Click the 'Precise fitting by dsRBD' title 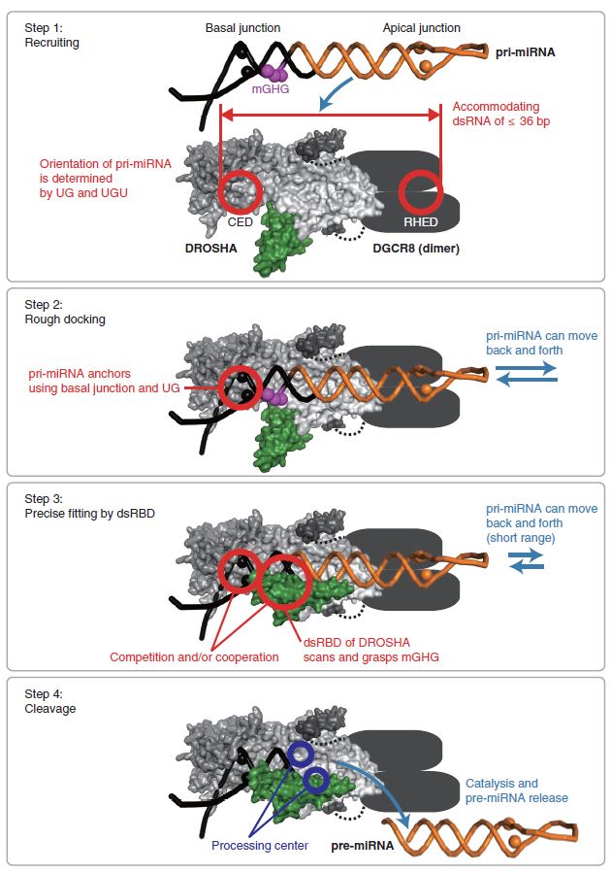tap(84, 513)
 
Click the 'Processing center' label tap(260, 845)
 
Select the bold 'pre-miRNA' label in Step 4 tap(360, 845)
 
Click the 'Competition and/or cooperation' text tap(194, 656)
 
